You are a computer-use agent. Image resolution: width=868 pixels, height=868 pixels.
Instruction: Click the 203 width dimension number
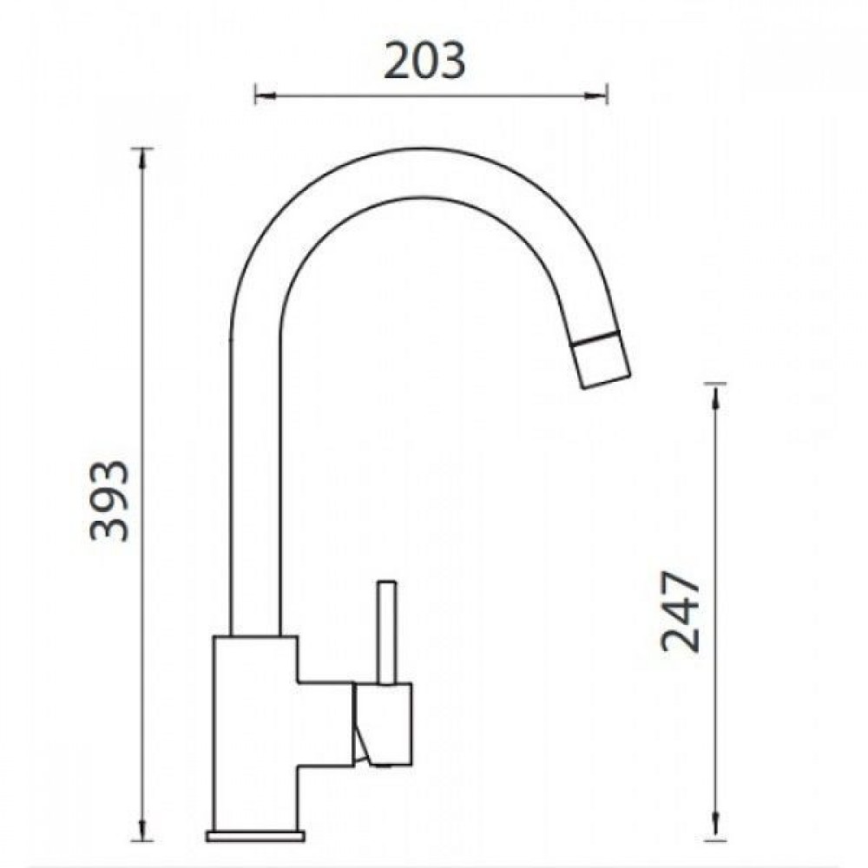pyautogui.click(x=424, y=61)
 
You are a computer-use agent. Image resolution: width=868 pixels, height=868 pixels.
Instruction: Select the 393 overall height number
pyautogui.click(x=109, y=501)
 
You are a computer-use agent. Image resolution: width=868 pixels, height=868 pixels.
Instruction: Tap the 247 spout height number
pyautogui.click(x=681, y=611)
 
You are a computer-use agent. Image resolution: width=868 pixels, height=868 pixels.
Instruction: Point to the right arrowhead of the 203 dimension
pyautogui.click(x=597, y=95)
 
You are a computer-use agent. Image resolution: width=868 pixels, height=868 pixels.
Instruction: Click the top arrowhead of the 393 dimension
pyautogui.click(x=143, y=159)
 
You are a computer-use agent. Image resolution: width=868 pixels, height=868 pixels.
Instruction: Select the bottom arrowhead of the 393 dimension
pyautogui.click(x=143, y=846)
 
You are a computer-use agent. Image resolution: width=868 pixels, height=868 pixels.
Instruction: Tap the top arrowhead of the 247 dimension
pyautogui.click(x=716, y=393)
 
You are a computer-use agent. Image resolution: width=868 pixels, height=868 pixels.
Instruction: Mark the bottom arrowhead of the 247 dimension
pyautogui.click(x=716, y=839)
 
